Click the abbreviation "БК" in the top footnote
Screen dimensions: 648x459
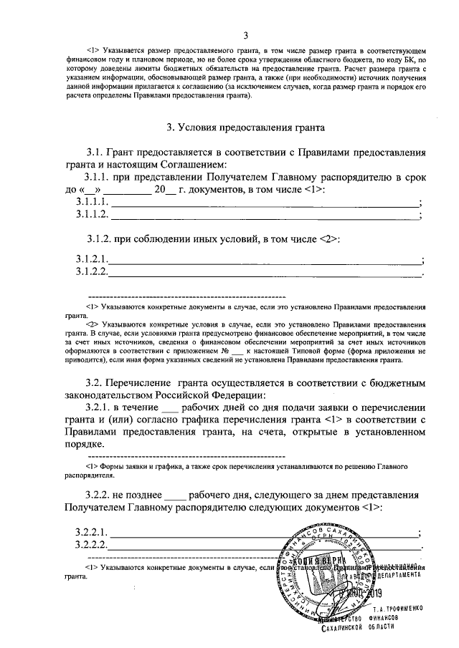pyautogui.click(x=412, y=61)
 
